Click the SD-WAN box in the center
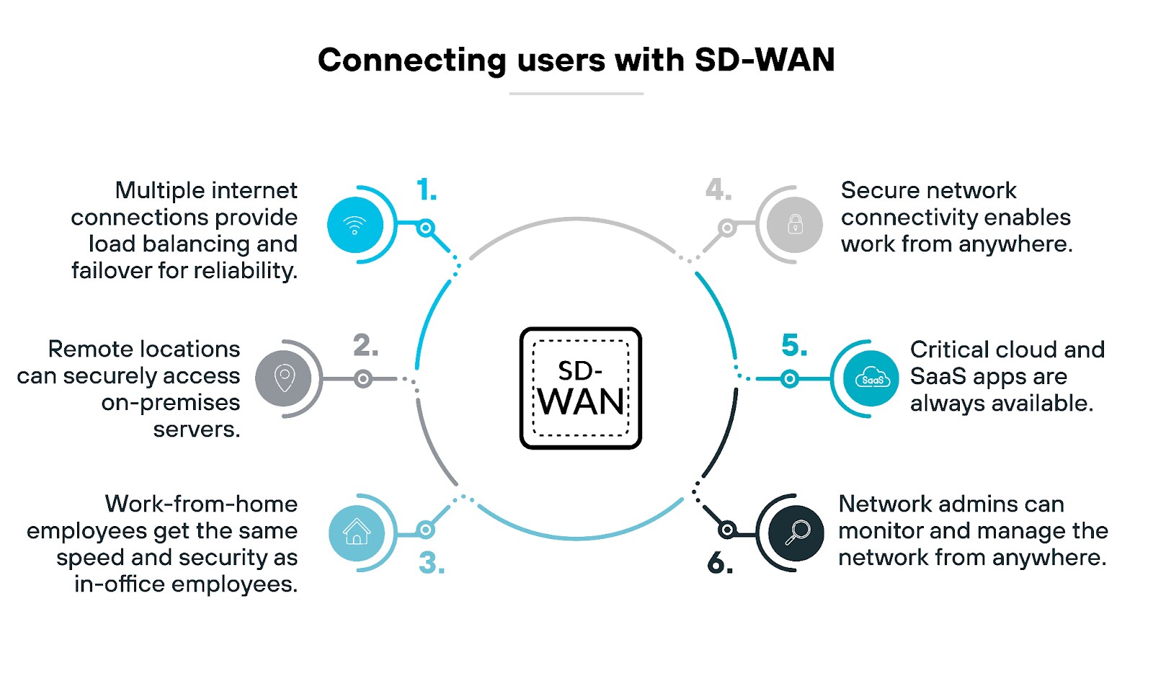[x=580, y=388]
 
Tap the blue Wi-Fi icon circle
[x=355, y=225]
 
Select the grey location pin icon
[x=284, y=378]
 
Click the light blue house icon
[x=356, y=533]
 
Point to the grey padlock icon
[x=795, y=224]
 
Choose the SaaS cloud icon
[x=871, y=378]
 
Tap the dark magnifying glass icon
[x=796, y=533]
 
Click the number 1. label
[x=427, y=190]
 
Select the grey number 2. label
[x=365, y=345]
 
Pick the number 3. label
[x=432, y=563]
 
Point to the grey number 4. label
[x=718, y=190]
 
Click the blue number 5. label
[x=794, y=345]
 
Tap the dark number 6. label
[x=720, y=563]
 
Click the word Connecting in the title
[x=411, y=61]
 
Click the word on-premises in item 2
[x=171, y=402]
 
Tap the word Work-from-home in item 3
[x=201, y=504]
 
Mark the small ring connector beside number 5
[x=790, y=378]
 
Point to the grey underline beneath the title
[x=576, y=94]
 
